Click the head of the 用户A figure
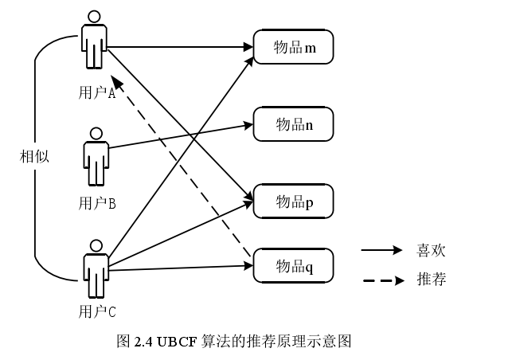click(94, 17)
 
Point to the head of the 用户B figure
click(96, 134)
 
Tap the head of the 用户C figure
click(96, 246)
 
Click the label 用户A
click(97, 92)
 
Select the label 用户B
click(97, 203)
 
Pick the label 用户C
click(97, 311)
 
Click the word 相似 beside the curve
click(34, 156)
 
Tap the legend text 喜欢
click(431, 251)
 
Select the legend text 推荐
click(431, 280)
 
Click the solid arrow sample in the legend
click(381, 250)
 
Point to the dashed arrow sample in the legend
click(383, 280)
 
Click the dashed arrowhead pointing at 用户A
click(115, 81)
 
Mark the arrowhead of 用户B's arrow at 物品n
click(248, 125)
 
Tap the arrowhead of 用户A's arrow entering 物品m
click(248, 47)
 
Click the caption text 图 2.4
click(135, 342)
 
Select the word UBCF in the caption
click(178, 342)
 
